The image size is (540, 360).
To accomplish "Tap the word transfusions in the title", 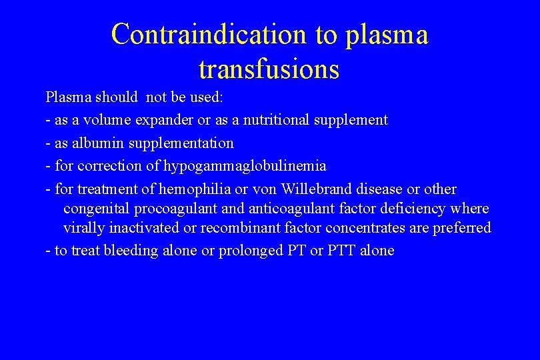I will (269, 68).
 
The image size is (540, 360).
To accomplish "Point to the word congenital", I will (97, 209).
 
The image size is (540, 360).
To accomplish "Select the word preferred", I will (462, 228).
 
